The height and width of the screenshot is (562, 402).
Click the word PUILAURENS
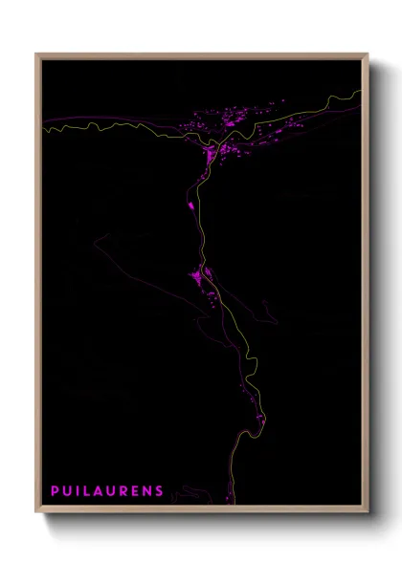point(107,491)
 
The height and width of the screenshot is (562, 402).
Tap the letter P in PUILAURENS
point(55,491)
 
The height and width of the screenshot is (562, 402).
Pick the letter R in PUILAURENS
point(127,491)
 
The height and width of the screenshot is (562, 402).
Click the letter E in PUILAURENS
point(138,491)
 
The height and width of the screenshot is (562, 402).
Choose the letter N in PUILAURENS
point(149,491)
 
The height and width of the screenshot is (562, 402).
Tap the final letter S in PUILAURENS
point(160,491)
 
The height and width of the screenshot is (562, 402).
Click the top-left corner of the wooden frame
point(36,54)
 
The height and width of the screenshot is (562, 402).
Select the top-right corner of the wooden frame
point(368,54)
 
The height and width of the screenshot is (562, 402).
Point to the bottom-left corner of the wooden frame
point(36,513)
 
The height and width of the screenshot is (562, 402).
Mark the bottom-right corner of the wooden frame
point(368,513)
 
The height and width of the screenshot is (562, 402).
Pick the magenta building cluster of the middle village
point(202,276)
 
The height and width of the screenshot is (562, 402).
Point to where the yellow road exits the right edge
point(363,92)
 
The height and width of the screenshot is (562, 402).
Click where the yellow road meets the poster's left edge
point(43,125)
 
